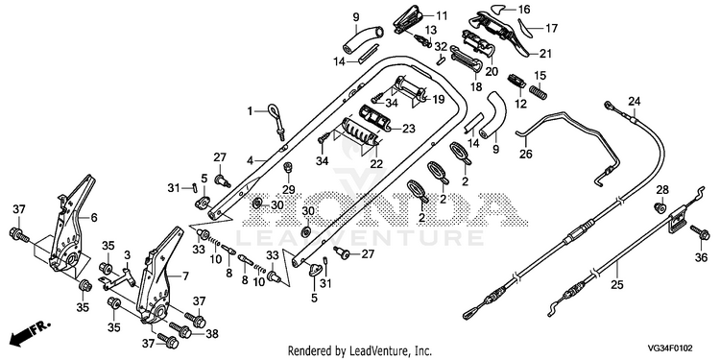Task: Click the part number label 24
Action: tap(635, 101)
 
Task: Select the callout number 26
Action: tap(526, 155)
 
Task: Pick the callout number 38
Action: tap(212, 334)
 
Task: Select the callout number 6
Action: tap(94, 218)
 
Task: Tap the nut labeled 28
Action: tap(660, 207)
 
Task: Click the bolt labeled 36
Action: tap(700, 233)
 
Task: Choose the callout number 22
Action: tap(376, 164)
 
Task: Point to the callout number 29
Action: tap(288, 189)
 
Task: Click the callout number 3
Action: tap(127, 254)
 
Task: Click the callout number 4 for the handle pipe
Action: tap(250, 161)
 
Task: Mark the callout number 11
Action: tap(442, 16)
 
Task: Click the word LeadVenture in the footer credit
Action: tap(372, 351)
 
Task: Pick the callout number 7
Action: tap(185, 276)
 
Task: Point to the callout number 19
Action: tap(439, 99)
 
